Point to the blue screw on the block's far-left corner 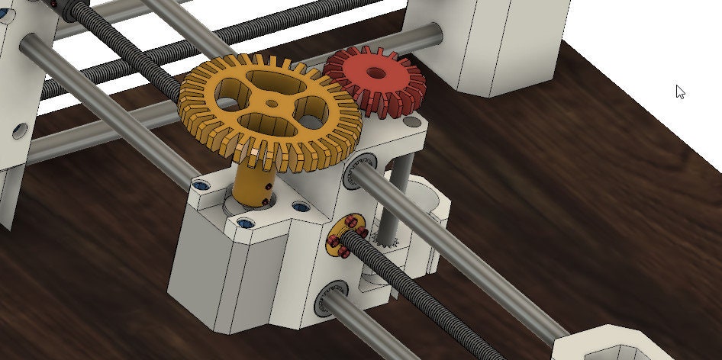[201, 185]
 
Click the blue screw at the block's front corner [245, 223]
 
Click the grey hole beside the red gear [412, 121]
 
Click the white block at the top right [508, 46]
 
